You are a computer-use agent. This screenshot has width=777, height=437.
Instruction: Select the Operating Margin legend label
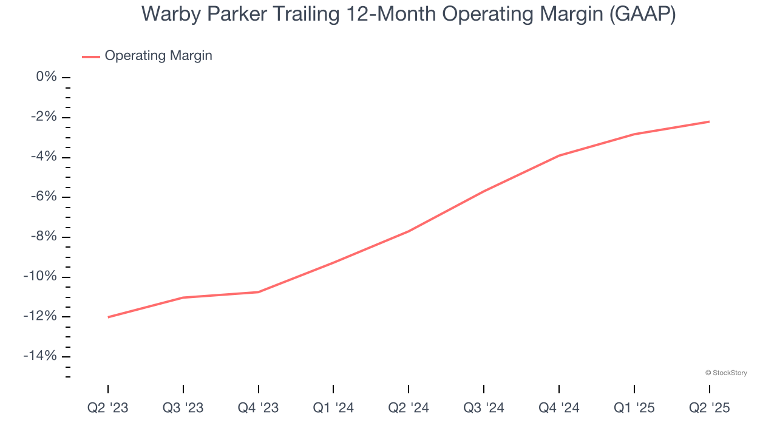(x=158, y=56)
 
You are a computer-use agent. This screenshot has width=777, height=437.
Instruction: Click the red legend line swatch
(x=91, y=56)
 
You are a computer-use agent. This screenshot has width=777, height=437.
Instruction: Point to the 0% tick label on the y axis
(x=47, y=76)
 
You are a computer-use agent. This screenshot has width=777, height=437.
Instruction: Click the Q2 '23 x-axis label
(x=108, y=408)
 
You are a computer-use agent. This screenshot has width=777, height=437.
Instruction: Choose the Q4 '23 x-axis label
(x=259, y=408)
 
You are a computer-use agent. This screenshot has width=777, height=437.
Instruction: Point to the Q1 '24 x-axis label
(x=333, y=408)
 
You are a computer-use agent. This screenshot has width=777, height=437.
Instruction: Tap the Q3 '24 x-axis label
(x=484, y=408)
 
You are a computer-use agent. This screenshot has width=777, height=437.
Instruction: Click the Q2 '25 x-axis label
(x=709, y=408)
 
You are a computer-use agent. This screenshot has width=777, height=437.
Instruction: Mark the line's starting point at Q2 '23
(x=108, y=317)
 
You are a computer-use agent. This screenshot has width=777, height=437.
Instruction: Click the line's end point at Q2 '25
(x=709, y=121)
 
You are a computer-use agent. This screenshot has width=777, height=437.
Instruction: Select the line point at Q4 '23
(x=259, y=292)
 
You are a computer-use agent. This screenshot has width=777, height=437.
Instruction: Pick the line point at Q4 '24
(x=559, y=155)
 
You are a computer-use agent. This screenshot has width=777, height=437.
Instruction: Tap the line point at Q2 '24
(x=409, y=231)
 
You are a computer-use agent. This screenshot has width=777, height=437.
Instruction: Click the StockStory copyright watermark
(x=726, y=373)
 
